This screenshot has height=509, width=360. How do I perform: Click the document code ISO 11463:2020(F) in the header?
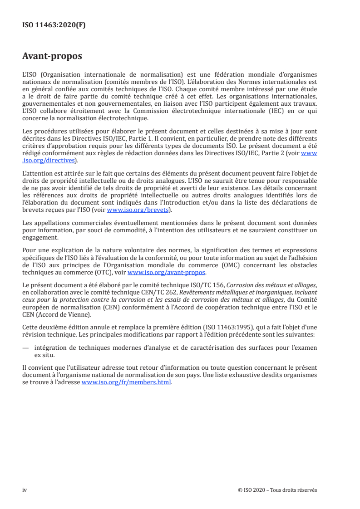pos(54,25)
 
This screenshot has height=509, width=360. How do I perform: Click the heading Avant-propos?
pos(52,57)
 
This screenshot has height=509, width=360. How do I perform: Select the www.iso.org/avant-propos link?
pos(167,273)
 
